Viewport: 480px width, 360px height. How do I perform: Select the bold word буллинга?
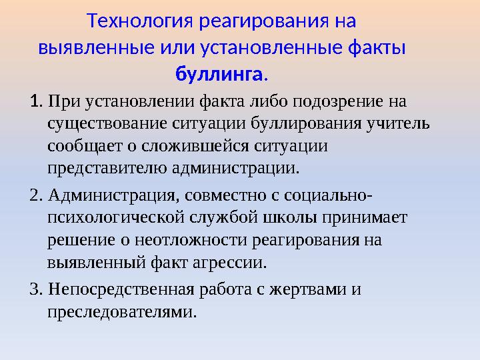point(219,73)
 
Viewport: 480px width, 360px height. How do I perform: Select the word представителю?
point(107,166)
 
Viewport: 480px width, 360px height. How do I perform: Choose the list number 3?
point(36,290)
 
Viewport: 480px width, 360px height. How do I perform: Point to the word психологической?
point(116,217)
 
